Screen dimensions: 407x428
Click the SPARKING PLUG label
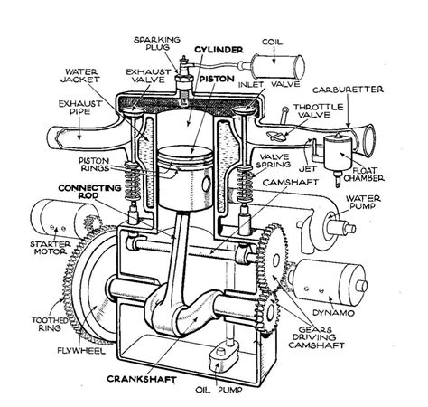tap(155, 46)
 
